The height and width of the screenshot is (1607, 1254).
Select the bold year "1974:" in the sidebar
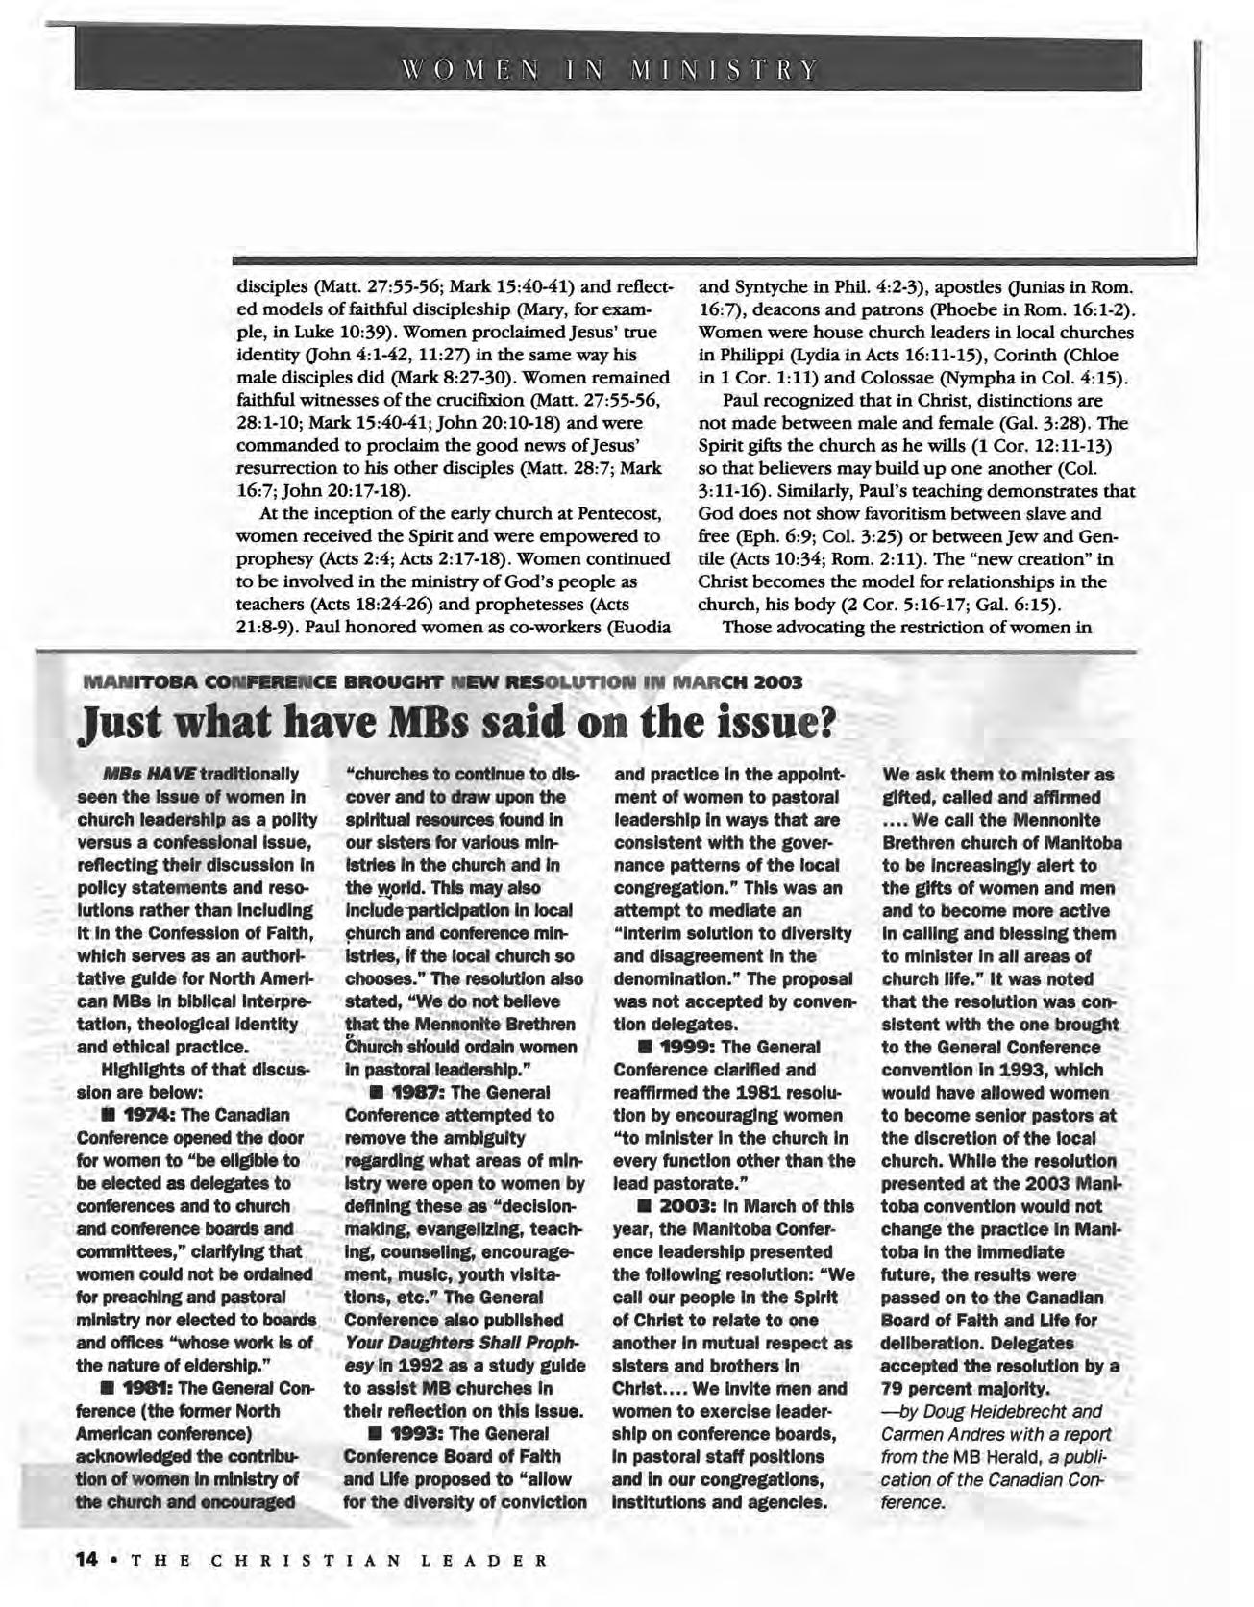(x=147, y=1116)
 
